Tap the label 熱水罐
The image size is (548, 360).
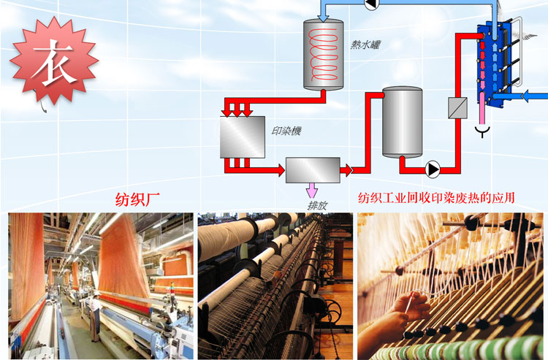(x=365, y=45)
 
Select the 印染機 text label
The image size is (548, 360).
(x=286, y=131)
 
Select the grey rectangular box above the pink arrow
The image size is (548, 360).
(x=313, y=169)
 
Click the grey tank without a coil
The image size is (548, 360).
(x=403, y=121)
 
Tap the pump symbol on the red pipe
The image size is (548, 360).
(x=433, y=169)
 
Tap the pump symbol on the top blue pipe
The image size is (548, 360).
(x=370, y=4)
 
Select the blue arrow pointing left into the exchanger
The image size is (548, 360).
(x=536, y=95)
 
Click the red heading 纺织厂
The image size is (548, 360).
(x=137, y=198)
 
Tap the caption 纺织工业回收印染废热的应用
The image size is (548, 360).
(x=436, y=198)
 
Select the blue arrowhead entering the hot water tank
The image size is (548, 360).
(x=323, y=18)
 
